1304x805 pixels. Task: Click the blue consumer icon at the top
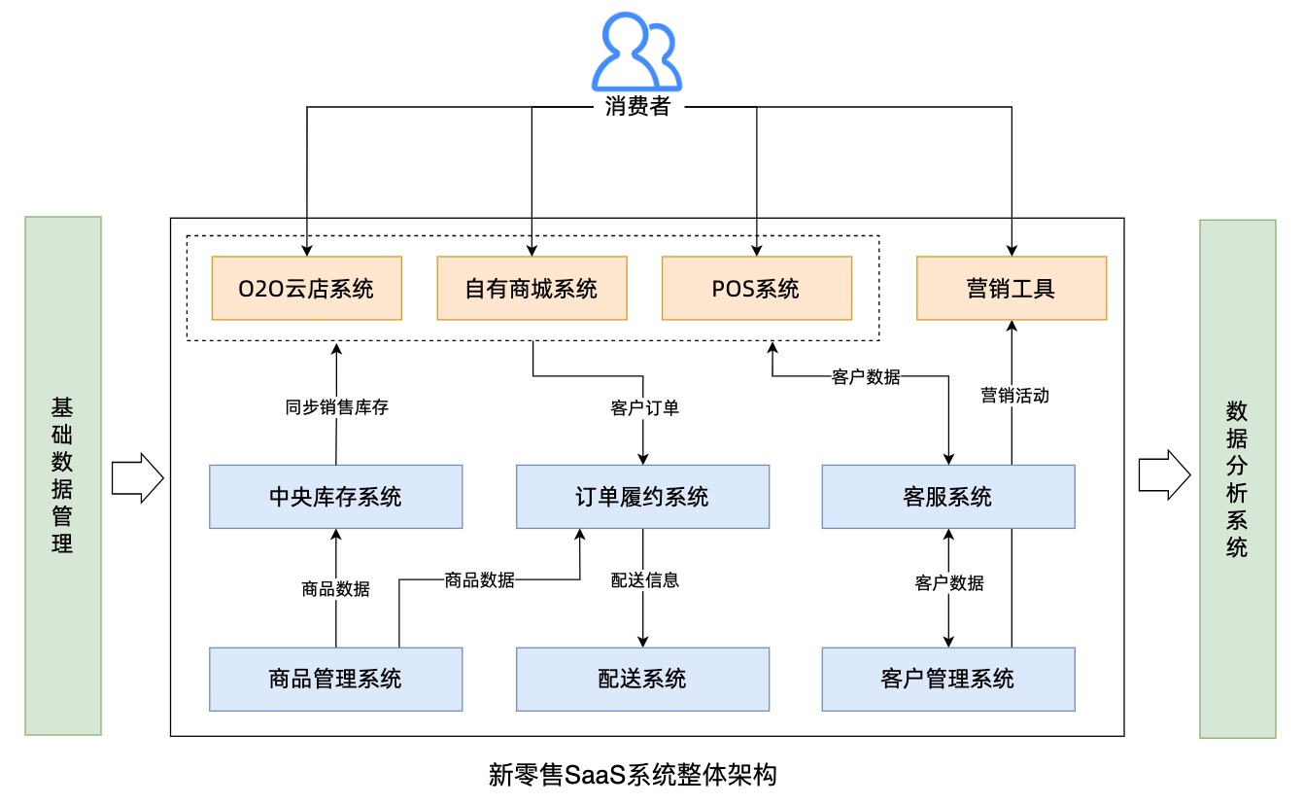click(x=637, y=53)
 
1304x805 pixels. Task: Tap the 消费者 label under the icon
click(x=637, y=106)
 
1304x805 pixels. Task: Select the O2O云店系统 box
click(x=306, y=288)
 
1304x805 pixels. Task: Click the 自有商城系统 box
click(x=532, y=288)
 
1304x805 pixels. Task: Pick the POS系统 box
click(x=756, y=288)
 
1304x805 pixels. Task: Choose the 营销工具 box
click(x=1012, y=288)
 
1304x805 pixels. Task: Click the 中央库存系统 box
click(x=335, y=497)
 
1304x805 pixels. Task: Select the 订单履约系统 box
click(x=642, y=497)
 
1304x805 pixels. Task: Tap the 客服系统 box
click(x=948, y=497)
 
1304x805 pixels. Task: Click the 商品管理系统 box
click(x=335, y=678)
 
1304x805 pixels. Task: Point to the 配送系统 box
click(x=642, y=678)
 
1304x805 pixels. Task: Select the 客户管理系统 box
click(x=948, y=678)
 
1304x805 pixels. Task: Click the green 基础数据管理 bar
click(x=63, y=475)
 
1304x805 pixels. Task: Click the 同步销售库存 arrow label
click(x=336, y=407)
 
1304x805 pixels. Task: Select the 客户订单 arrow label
click(x=642, y=407)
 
